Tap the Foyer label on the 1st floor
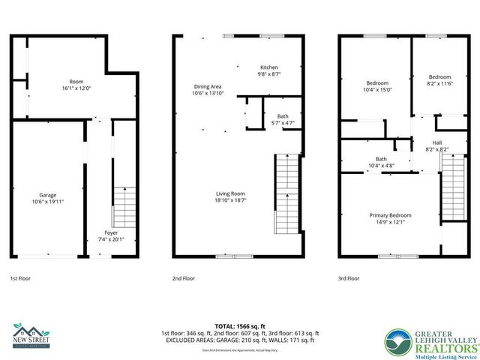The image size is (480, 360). coord(111,232)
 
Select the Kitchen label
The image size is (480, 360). coord(269,67)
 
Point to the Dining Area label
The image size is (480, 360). coord(207,86)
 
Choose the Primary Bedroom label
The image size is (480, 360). coord(389,215)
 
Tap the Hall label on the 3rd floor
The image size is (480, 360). coord(437,142)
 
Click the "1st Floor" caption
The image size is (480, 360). coord(20,277)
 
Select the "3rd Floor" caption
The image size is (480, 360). coord(348,277)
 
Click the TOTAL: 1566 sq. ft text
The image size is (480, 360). coord(240,326)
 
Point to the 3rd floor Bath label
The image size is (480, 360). coord(381,158)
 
